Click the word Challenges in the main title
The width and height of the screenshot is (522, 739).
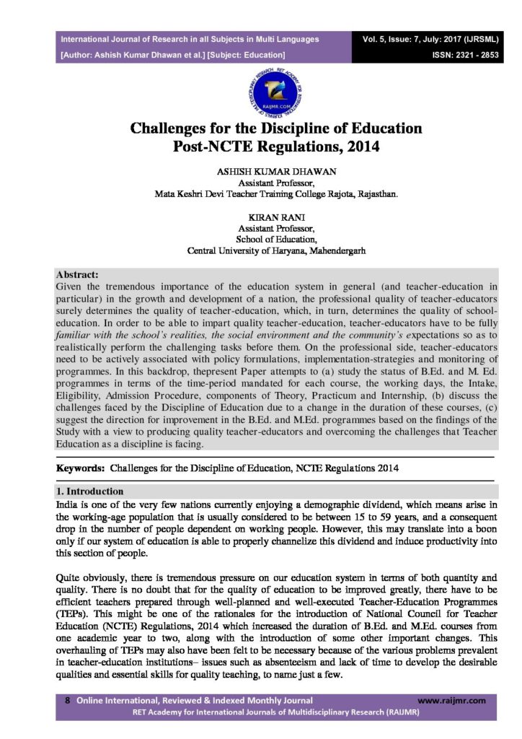(178, 129)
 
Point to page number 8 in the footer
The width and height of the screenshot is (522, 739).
(67, 700)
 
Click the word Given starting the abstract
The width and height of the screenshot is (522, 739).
(71, 287)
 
